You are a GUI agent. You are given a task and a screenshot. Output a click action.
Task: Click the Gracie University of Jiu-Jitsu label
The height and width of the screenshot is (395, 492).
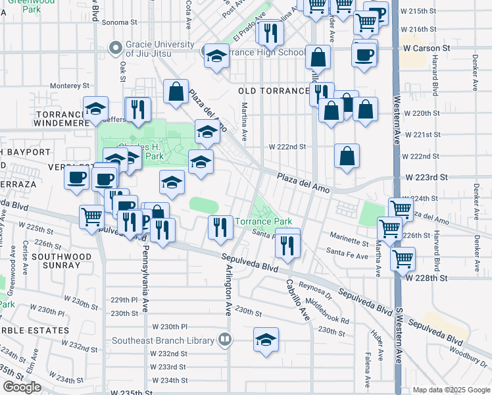click(162, 49)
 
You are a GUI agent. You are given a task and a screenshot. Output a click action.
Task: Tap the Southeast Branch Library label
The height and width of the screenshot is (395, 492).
click(163, 340)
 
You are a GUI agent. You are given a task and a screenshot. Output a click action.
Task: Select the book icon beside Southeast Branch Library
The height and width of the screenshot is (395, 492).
click(225, 340)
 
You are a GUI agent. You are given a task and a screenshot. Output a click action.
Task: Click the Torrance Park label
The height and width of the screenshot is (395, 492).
click(264, 222)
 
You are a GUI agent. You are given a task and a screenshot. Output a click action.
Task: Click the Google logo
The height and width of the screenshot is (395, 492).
click(22, 387)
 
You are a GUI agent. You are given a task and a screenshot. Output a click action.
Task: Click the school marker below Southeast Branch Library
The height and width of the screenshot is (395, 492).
click(265, 340)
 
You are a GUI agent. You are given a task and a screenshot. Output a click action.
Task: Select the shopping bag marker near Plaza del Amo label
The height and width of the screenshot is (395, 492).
click(176, 93)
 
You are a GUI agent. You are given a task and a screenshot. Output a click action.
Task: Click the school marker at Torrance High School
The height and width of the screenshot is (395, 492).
click(216, 57)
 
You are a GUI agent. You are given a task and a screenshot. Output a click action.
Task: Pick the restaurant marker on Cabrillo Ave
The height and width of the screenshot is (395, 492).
click(287, 244)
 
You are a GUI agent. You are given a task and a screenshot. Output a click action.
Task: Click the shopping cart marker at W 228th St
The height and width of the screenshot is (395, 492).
click(402, 258)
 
